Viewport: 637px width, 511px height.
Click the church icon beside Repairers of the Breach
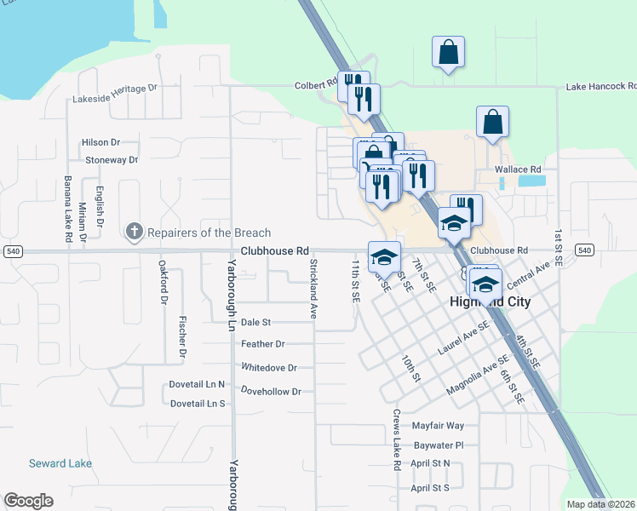134,232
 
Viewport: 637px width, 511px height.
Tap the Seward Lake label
60,463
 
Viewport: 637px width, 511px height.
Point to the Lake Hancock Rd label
601,86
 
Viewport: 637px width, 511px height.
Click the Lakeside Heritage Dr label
116,88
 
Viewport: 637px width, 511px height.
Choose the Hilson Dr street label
100,142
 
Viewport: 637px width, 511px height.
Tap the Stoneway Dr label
112,159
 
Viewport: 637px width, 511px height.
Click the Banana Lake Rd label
67,210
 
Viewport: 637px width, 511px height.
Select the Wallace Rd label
518,169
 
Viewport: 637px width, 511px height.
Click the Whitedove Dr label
269,368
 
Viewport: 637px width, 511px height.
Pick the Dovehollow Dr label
272,392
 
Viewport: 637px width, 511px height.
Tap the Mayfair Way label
438,425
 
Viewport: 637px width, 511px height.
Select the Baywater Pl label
437,445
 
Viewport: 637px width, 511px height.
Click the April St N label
430,463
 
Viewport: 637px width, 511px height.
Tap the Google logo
28,501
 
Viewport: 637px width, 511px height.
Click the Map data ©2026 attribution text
600,504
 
